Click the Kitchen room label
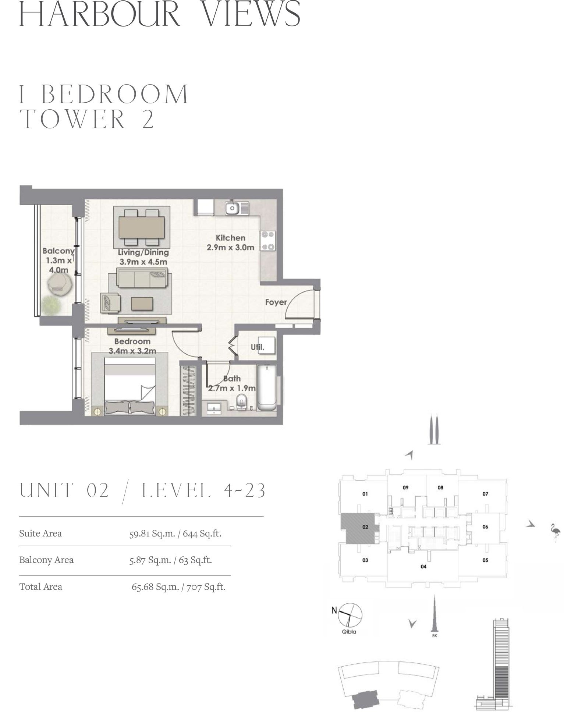coord(230,238)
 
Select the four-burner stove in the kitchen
coord(268,241)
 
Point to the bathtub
coord(267,387)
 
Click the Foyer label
coord(276,302)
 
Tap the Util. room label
coord(258,347)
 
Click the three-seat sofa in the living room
coord(142,277)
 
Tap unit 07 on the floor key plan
coord(485,494)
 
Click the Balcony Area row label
coord(46,560)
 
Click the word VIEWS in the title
coord(252,14)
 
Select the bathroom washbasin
coord(214,408)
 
